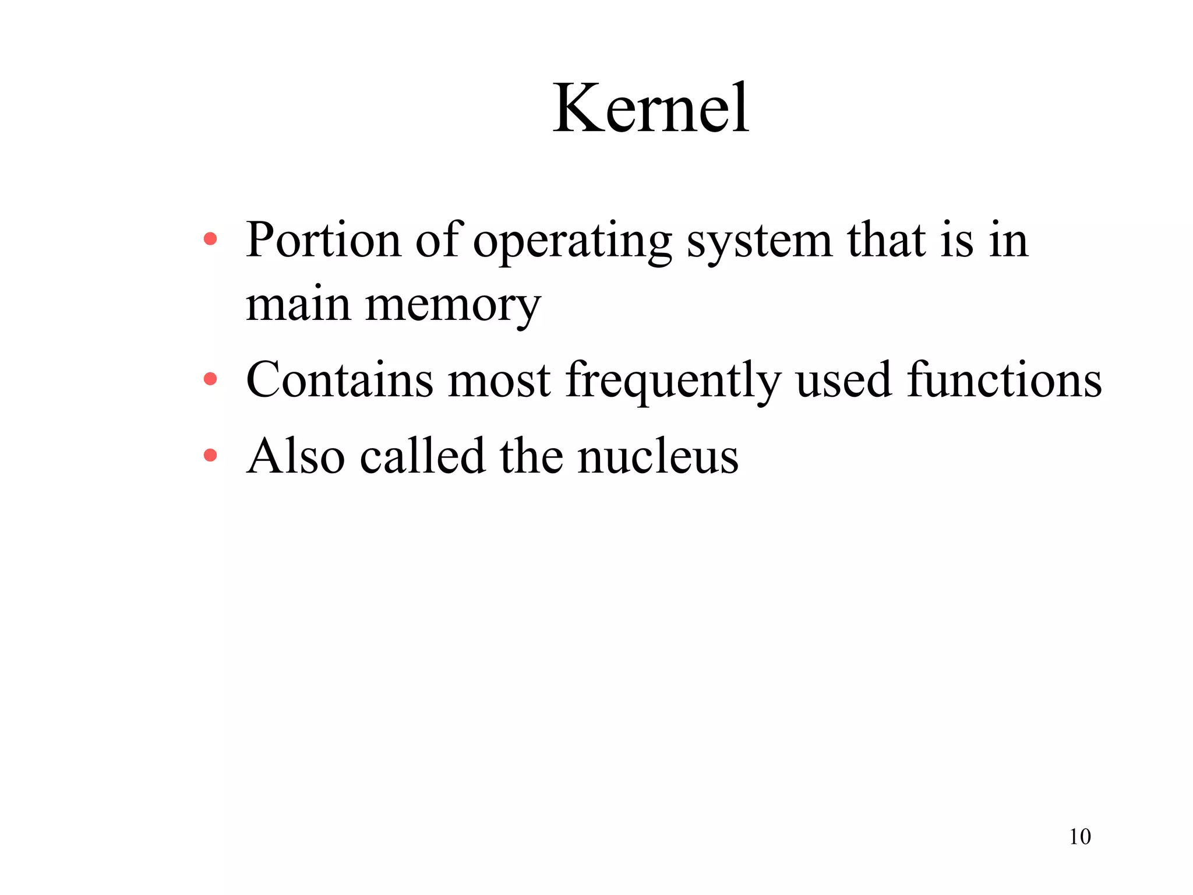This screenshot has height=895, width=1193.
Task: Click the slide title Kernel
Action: (651, 109)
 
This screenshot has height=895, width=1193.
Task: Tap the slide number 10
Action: (1079, 837)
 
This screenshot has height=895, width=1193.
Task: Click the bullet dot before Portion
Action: (210, 239)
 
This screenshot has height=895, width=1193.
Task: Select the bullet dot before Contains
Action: (210, 379)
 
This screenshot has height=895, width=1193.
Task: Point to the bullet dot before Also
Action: (210, 455)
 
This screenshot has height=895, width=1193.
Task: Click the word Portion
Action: (323, 240)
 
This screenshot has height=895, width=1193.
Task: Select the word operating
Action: (572, 241)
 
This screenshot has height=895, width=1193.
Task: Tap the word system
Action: (759, 241)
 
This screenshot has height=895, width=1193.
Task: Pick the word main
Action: (298, 305)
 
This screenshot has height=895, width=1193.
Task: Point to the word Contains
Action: (340, 380)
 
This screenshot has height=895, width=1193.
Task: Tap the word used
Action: (843, 380)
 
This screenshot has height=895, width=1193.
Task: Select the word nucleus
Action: (658, 456)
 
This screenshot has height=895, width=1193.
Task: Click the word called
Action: (422, 456)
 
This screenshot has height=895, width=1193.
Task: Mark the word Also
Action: (296, 456)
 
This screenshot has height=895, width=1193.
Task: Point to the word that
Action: (886, 240)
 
